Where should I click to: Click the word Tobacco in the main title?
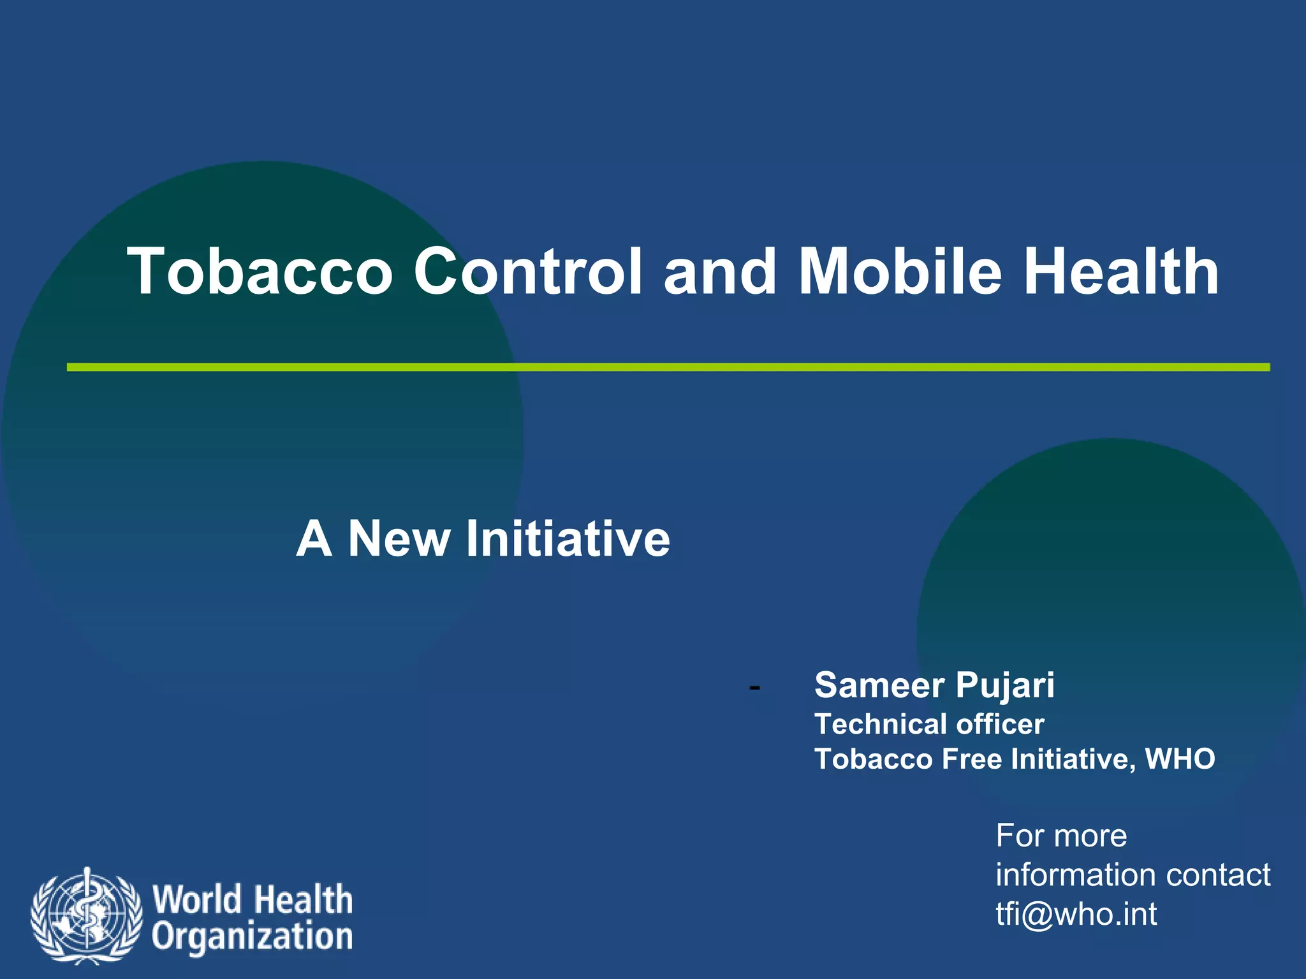coord(260,272)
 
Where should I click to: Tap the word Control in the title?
coord(528,272)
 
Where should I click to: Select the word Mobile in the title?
coord(900,272)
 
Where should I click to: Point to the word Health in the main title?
coord(1122,272)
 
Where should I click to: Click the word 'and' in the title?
coord(720,272)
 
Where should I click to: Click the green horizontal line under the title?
coord(668,367)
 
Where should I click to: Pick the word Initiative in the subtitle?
coord(568,539)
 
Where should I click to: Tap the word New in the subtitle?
coord(399,539)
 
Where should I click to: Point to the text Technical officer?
coord(929,725)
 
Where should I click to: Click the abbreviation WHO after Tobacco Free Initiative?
coord(1180,759)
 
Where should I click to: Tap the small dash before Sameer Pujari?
coord(754,688)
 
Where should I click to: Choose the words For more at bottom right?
coord(1061,836)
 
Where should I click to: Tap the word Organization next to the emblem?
coord(252,937)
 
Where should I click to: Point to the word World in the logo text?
coord(196,899)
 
